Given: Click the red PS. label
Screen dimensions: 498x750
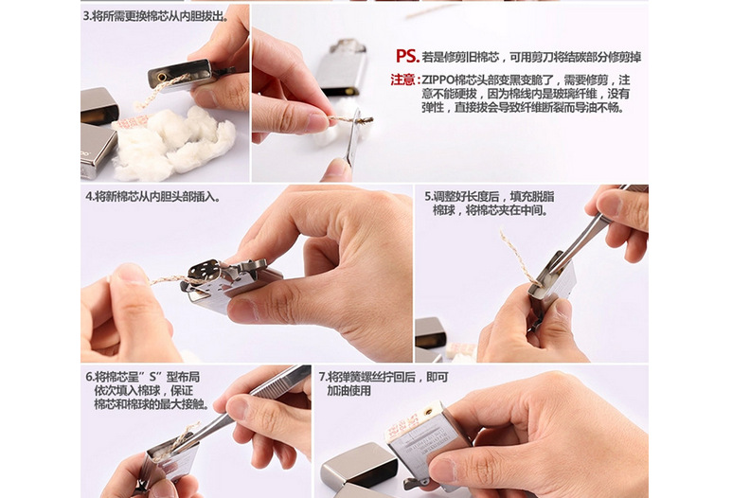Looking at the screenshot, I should [x=407, y=56].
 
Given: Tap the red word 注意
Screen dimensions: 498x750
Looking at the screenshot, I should [x=402, y=80].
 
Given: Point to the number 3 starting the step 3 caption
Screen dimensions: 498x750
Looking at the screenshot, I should [x=85, y=17].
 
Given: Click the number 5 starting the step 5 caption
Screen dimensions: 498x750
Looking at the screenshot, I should [x=427, y=196].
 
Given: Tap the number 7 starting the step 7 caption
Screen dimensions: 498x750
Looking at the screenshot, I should [x=322, y=376].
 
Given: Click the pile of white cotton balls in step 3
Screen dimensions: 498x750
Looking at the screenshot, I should [x=175, y=142].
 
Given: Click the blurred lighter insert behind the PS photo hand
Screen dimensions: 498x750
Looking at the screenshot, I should [x=341, y=66].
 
